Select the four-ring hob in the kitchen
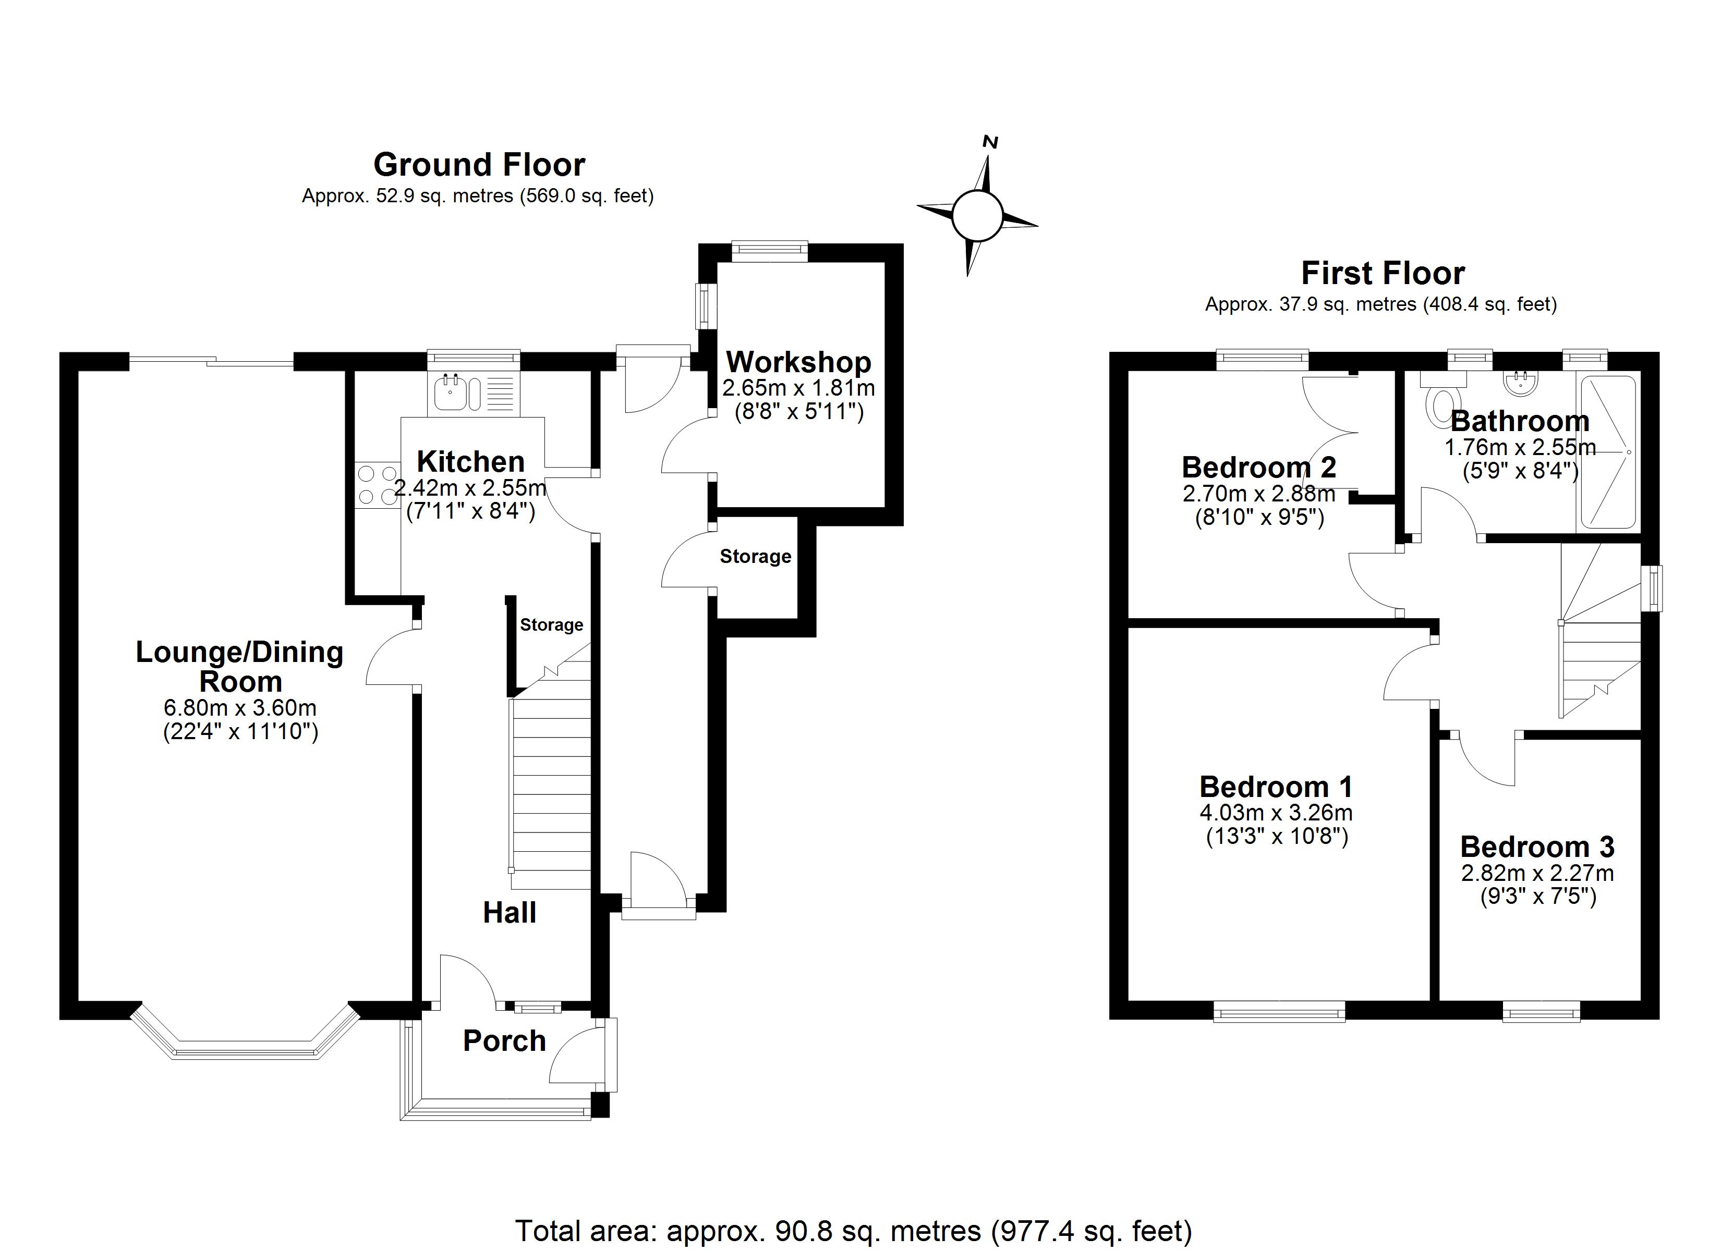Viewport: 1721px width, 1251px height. (377, 485)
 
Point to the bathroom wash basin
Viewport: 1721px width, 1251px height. (1520, 383)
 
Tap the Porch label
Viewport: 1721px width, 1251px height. (505, 1041)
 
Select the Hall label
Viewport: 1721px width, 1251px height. (510, 912)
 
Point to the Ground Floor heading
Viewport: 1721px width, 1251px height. (480, 165)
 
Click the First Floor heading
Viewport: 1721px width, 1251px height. (1384, 273)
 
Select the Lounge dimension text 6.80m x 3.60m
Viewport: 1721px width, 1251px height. (240, 708)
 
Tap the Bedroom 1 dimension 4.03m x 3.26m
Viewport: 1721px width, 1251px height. (1276, 813)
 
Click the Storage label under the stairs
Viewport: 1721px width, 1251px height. (552, 624)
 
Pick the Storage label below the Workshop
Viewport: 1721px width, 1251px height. (756, 556)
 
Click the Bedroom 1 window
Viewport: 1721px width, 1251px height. (1279, 1011)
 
